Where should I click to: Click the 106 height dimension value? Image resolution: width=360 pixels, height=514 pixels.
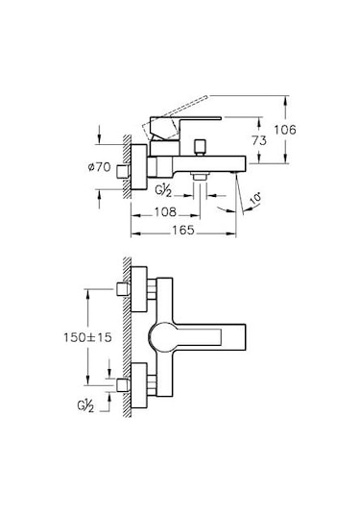click(285, 130)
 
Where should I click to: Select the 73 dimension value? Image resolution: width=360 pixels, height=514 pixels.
click(259, 141)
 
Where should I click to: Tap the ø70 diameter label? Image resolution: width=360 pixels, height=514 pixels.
click(99, 167)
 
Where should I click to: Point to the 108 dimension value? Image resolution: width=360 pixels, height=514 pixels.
click(165, 212)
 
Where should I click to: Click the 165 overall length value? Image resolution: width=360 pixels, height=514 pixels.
click(183, 231)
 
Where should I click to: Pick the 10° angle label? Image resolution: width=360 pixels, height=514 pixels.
click(256, 199)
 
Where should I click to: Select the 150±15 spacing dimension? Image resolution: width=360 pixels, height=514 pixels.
click(87, 337)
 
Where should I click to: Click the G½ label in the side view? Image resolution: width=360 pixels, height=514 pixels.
click(163, 191)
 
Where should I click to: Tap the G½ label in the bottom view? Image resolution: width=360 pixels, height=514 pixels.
click(85, 406)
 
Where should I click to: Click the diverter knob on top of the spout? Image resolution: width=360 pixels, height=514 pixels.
click(200, 148)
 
